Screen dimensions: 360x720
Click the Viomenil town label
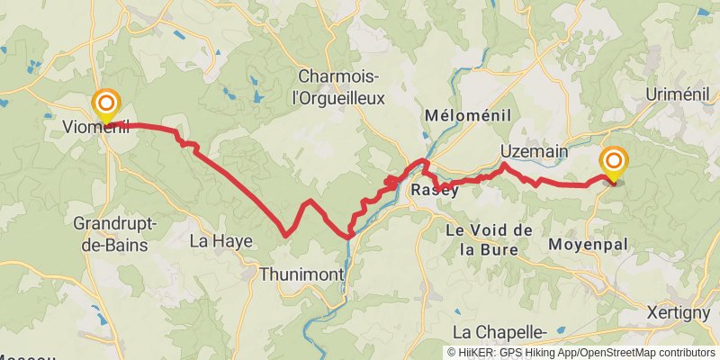coord(96,128)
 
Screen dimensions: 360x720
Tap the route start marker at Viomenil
coord(106,104)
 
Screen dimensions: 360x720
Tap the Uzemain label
coord(535,152)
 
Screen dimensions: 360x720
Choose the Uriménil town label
coord(679,94)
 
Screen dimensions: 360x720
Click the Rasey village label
coord(429,191)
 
